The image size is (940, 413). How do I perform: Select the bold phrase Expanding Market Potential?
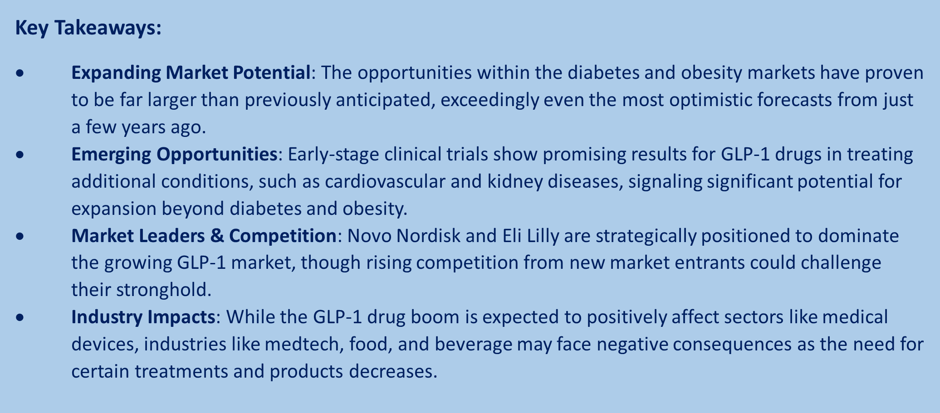pyautogui.click(x=191, y=73)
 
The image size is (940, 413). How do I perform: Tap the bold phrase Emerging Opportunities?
pyautogui.click(x=174, y=155)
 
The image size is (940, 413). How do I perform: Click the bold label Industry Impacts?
pyautogui.click(x=143, y=318)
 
